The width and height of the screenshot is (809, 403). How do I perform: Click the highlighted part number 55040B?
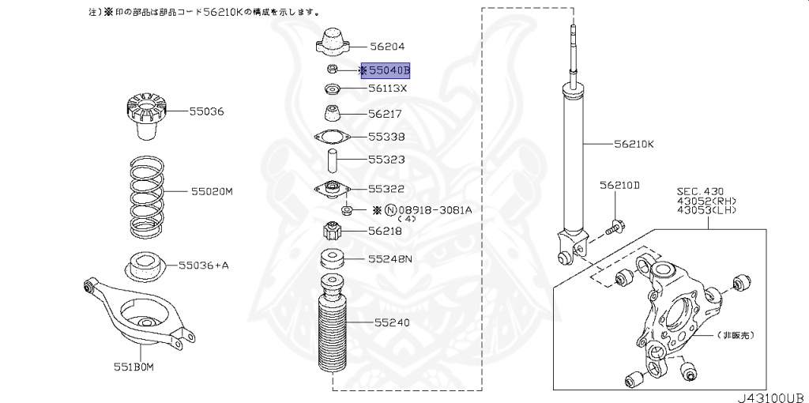click(x=389, y=71)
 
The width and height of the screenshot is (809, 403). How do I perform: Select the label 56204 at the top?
click(x=387, y=47)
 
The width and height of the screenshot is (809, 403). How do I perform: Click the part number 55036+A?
click(x=203, y=266)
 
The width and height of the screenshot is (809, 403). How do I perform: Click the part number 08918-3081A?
click(x=437, y=210)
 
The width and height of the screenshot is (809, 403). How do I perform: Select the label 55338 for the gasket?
click(x=386, y=136)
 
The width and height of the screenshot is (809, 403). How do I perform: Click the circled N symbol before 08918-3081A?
click(x=389, y=210)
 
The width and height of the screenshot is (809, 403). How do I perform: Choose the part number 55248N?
click(x=393, y=258)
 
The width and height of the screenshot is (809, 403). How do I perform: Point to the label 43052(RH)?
click(x=707, y=201)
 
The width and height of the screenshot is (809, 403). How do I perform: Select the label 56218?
click(x=386, y=232)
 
